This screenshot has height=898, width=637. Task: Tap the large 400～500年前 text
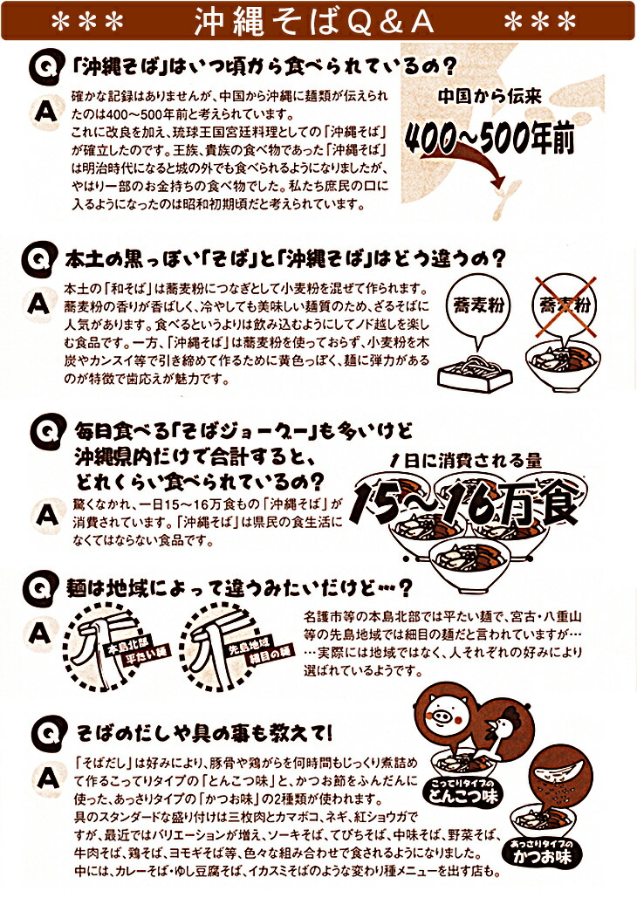tap(490, 137)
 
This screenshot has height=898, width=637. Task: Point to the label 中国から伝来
tap(490, 96)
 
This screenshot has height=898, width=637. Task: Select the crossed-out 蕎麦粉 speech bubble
tap(565, 306)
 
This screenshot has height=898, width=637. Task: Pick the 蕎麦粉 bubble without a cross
tap(478, 305)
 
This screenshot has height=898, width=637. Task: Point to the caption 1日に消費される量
tap(464, 459)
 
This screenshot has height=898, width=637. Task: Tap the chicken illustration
tap(497, 731)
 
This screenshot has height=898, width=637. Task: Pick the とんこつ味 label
tap(464, 792)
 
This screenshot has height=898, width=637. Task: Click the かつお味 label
tap(541, 853)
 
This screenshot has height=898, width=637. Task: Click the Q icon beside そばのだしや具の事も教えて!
tap(48, 734)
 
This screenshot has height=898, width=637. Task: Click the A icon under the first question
tap(46, 111)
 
